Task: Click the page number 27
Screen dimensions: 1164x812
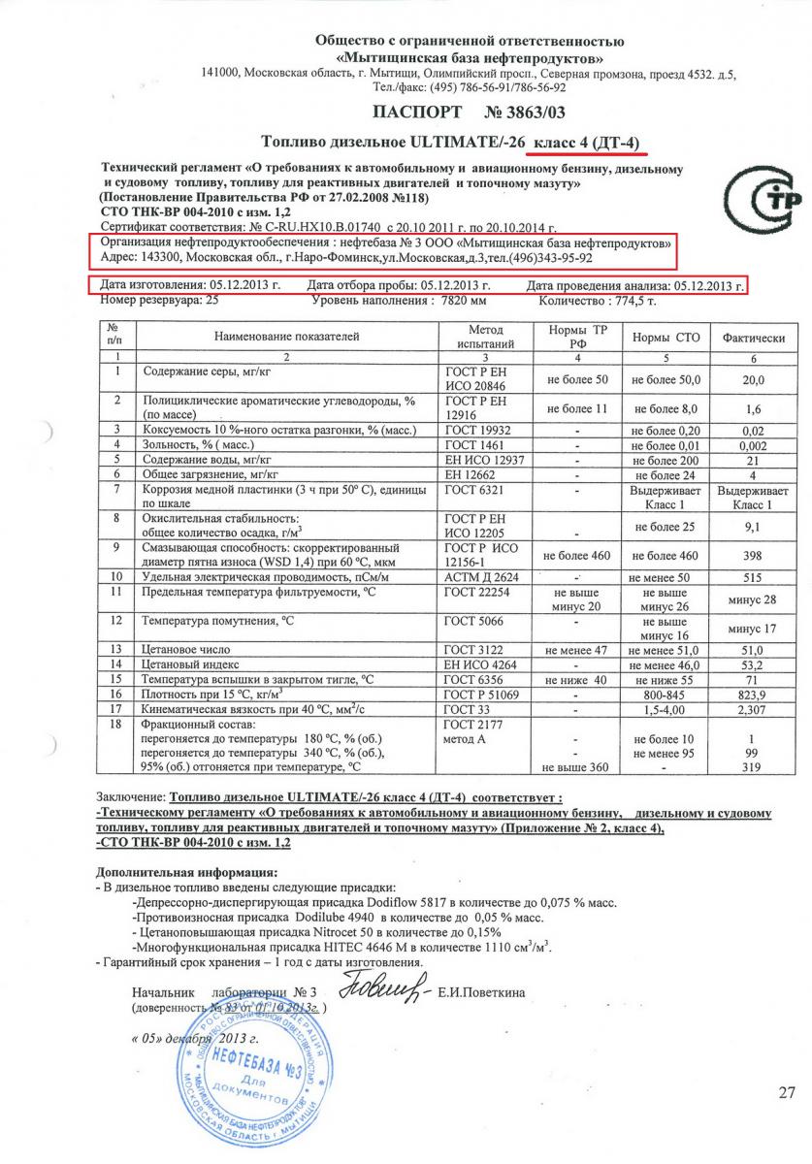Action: point(786,1093)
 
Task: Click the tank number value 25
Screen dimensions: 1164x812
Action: point(212,301)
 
